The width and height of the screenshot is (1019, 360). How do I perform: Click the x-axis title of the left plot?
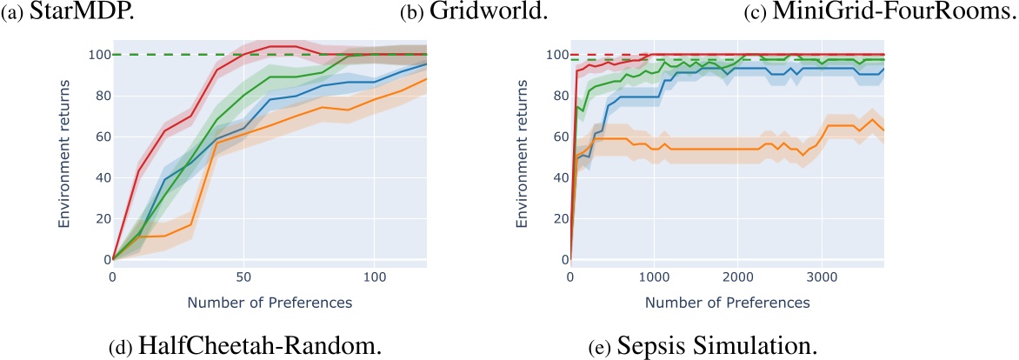[x=270, y=302]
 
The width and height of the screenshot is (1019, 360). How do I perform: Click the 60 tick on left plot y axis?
[x=95, y=137]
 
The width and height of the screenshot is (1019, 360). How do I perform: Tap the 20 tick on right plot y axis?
[x=553, y=218]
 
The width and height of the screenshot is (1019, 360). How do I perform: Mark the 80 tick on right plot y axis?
[x=553, y=96]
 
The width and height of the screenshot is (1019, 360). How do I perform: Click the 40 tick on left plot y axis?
[x=95, y=177]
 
